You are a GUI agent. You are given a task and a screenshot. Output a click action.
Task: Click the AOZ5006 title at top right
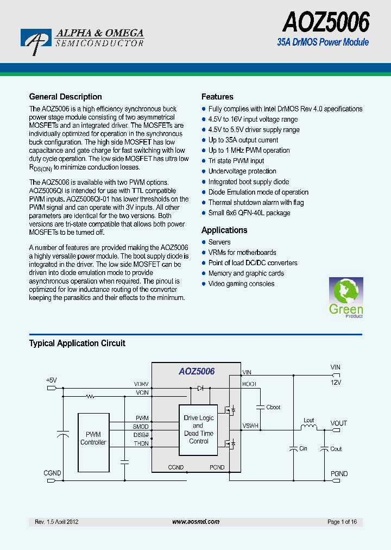click(x=325, y=23)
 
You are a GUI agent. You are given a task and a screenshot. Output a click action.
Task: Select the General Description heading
click(x=65, y=97)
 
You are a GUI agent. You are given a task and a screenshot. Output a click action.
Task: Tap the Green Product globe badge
click(x=346, y=297)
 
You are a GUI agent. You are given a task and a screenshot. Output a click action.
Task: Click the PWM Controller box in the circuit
click(x=93, y=439)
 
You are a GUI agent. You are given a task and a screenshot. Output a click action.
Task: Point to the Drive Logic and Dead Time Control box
click(x=199, y=429)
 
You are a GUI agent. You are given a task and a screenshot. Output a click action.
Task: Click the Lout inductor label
click(x=308, y=420)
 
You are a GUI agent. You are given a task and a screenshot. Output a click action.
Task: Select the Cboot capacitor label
click(x=273, y=407)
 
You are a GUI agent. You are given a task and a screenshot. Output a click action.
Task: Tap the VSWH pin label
click(x=250, y=426)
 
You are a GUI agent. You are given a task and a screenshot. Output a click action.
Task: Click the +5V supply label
click(x=51, y=380)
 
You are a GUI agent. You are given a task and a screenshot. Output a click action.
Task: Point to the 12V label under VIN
click(x=336, y=383)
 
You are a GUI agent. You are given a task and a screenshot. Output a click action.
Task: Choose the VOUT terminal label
click(x=338, y=423)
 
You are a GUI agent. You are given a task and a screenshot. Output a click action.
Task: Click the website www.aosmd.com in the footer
click(x=195, y=522)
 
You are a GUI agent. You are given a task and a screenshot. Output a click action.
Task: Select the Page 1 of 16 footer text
click(x=342, y=522)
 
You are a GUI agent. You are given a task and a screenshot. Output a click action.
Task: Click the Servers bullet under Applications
click(x=219, y=242)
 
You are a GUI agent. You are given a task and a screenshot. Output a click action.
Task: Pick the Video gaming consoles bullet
click(x=241, y=284)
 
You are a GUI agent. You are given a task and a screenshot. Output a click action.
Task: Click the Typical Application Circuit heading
click(x=77, y=343)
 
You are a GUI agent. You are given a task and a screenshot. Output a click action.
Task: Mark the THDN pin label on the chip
click(x=142, y=443)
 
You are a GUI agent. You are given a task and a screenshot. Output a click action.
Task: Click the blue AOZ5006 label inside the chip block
click(x=197, y=372)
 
